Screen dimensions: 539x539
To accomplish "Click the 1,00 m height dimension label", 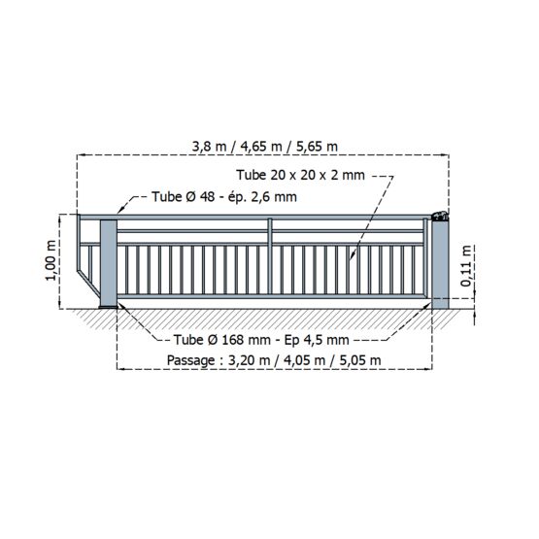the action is pyautogui.click(x=51, y=260).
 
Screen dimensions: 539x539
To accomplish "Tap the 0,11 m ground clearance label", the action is pyautogui.click(x=466, y=266).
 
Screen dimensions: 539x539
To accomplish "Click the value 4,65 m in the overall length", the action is pyautogui.click(x=261, y=147).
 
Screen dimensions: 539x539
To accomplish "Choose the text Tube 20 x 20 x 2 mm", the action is pyautogui.click(x=300, y=175).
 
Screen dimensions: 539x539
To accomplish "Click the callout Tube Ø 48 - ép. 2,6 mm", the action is pyautogui.click(x=224, y=197).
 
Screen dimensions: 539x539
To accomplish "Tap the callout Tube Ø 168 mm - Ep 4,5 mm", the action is pyautogui.click(x=261, y=340).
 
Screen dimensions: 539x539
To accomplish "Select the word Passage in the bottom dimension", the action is pyautogui.click(x=190, y=361).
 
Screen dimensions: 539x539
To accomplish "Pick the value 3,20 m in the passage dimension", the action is pyautogui.click(x=250, y=361).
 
